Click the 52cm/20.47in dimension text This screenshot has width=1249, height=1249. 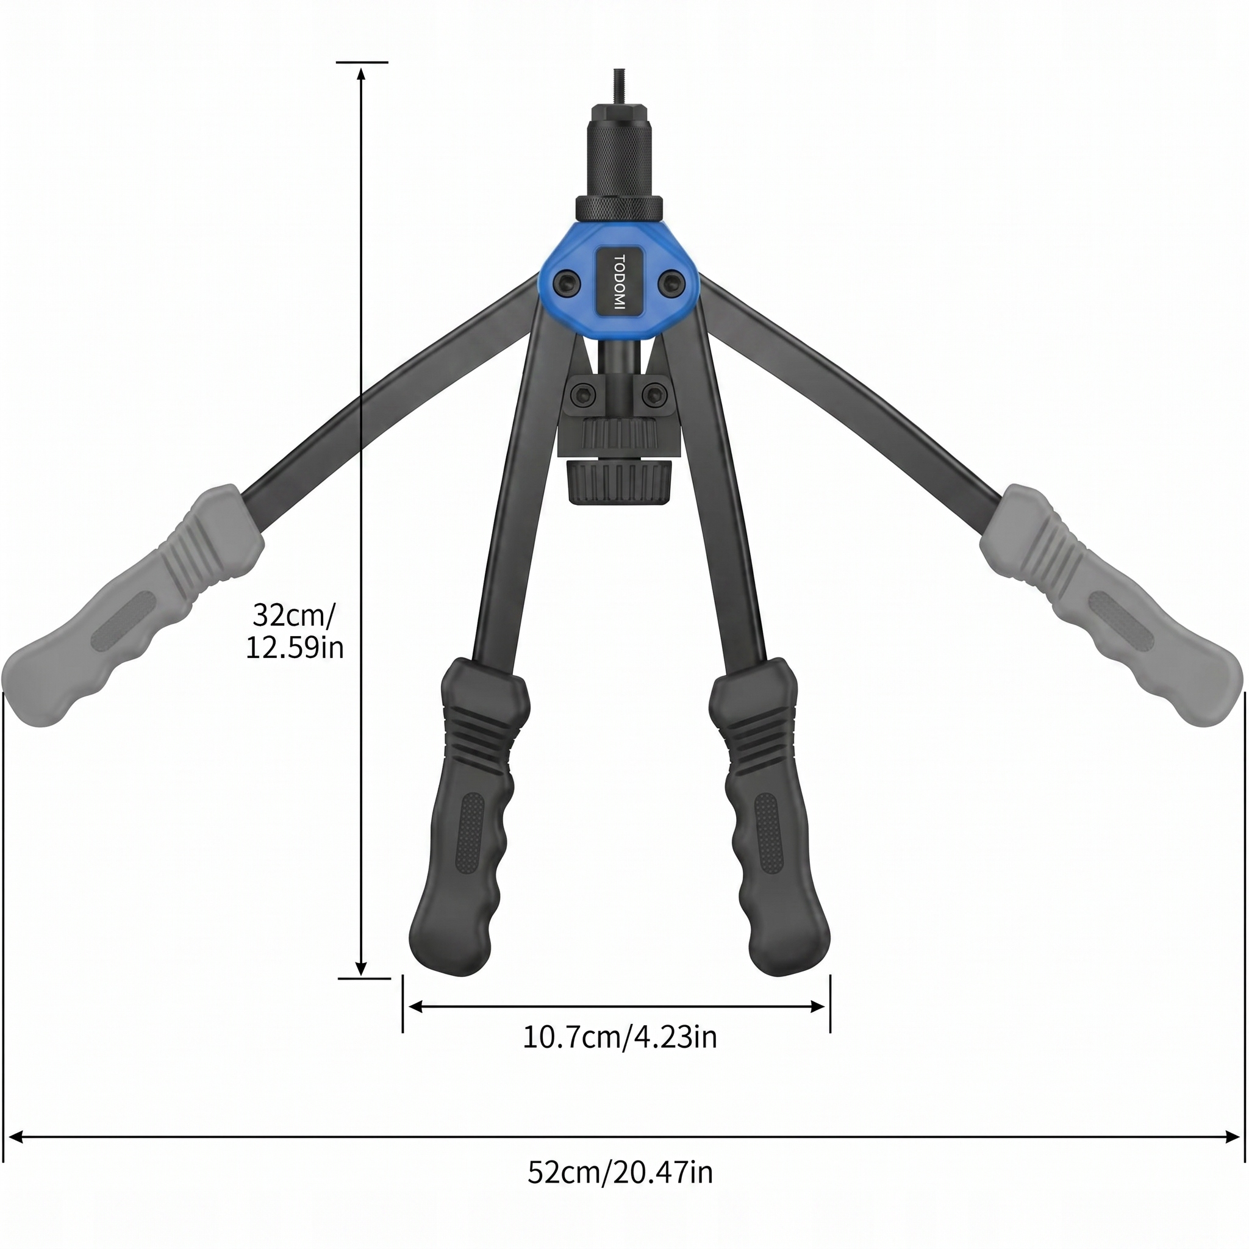click(620, 1172)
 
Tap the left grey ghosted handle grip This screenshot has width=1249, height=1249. click(132, 606)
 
